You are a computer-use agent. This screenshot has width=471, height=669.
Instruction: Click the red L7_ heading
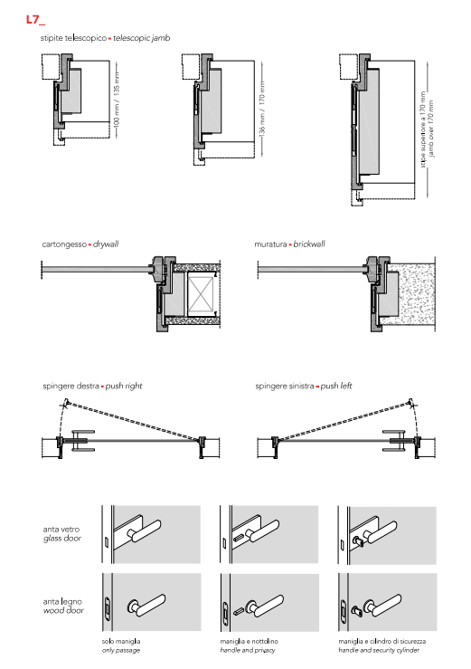click(x=35, y=20)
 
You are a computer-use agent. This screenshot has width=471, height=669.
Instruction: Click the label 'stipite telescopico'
click(x=73, y=38)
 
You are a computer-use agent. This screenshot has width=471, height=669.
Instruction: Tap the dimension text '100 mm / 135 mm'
click(x=117, y=99)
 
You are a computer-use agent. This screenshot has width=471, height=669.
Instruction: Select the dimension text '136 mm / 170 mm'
click(x=262, y=109)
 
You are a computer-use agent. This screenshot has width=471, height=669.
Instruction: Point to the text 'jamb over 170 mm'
click(x=431, y=129)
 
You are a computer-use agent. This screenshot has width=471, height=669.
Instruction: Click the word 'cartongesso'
click(x=64, y=244)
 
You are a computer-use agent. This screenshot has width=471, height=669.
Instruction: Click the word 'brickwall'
click(x=309, y=244)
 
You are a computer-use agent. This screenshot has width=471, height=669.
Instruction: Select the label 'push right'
click(x=124, y=387)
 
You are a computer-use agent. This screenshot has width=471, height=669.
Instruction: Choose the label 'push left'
click(x=336, y=387)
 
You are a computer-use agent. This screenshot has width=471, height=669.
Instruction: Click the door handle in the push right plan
click(x=82, y=440)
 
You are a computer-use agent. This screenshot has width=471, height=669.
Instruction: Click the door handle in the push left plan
click(x=394, y=440)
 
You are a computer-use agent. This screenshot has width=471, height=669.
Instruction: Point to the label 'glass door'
click(x=62, y=539)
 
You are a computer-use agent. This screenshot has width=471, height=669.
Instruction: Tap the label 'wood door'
click(x=63, y=610)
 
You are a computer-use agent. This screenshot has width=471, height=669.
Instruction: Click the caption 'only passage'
click(x=121, y=650)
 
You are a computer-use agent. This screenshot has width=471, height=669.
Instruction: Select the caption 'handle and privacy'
click(x=248, y=650)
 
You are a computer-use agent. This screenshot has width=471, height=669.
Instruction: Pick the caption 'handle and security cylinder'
click(x=379, y=650)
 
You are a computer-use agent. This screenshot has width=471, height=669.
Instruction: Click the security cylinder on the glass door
click(x=358, y=541)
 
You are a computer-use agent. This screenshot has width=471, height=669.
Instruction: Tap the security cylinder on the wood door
click(x=357, y=610)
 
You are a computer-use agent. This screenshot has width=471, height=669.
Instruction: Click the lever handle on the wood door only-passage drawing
click(x=146, y=605)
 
